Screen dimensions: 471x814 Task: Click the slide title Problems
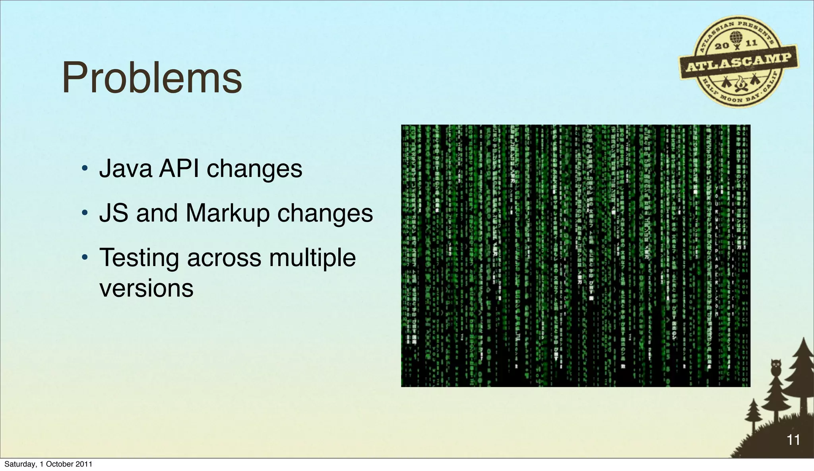(x=152, y=78)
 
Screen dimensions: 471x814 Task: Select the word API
(x=179, y=169)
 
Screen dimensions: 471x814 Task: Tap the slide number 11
(x=793, y=440)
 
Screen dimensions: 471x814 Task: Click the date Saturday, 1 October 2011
(x=48, y=464)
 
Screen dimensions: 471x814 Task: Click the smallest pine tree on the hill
(x=753, y=414)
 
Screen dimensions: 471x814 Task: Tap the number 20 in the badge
(x=722, y=46)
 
